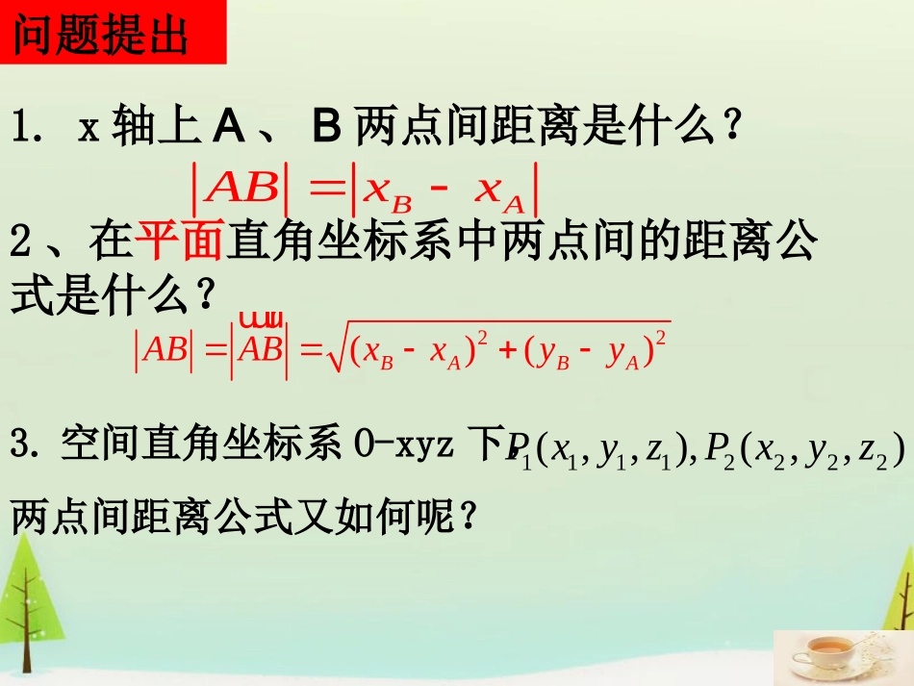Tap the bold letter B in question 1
(328, 125)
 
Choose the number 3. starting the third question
(29, 448)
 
